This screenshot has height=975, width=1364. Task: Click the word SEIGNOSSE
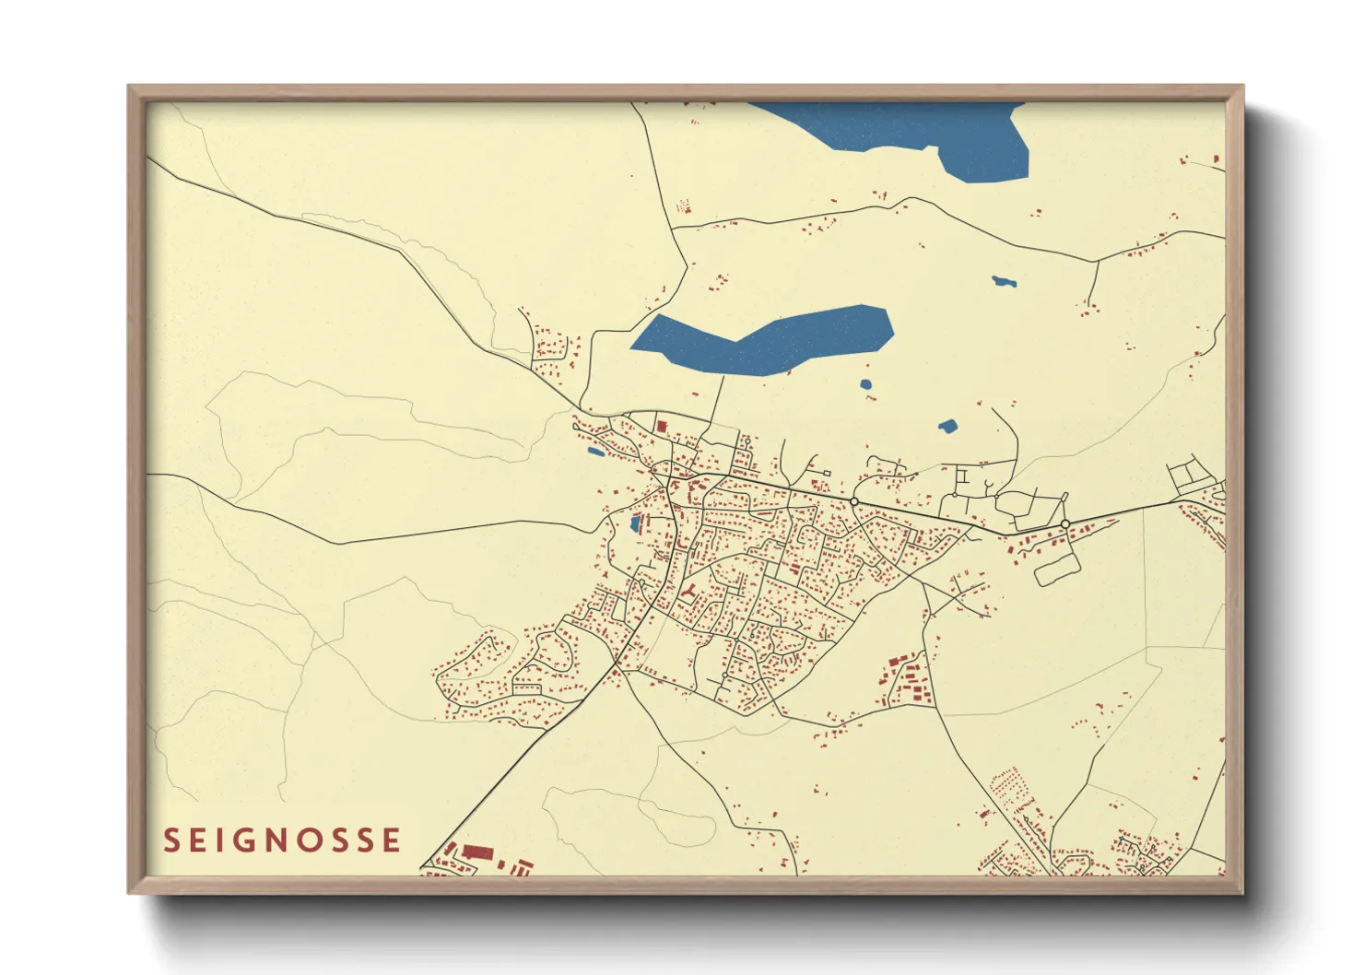pyautogui.click(x=282, y=840)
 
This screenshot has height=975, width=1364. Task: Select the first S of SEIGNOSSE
pyautogui.click(x=170, y=840)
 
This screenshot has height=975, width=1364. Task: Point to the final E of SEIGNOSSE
pyautogui.click(x=394, y=840)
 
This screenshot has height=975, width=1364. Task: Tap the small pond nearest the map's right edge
pyautogui.click(x=1003, y=281)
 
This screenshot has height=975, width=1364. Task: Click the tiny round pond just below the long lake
pyautogui.click(x=865, y=384)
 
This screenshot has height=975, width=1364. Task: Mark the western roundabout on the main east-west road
pyautogui.click(x=854, y=501)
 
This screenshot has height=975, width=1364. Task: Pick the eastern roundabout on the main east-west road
pyautogui.click(x=1064, y=523)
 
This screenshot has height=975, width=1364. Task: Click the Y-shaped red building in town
pyautogui.click(x=688, y=590)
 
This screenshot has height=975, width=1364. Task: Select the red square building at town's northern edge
pyautogui.click(x=661, y=426)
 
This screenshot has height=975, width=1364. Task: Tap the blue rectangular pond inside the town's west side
pyautogui.click(x=634, y=524)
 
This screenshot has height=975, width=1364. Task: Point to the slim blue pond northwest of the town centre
pyautogui.click(x=595, y=452)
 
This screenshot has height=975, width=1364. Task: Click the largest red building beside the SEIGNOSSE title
pyautogui.click(x=477, y=852)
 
